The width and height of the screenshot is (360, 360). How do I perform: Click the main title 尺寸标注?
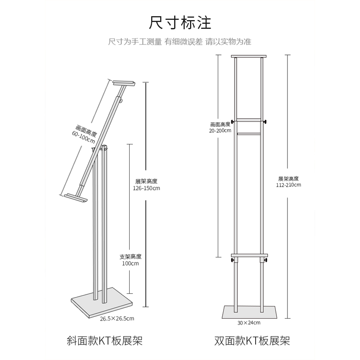click(180, 22)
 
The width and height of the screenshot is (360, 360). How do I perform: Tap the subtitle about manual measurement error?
click(180, 42)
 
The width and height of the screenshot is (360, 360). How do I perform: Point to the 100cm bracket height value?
click(130, 264)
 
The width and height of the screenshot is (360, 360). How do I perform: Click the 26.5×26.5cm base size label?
click(117, 319)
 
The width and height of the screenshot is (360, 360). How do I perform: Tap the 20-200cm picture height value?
click(220, 130)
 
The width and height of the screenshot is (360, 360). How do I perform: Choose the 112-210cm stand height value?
click(290, 184)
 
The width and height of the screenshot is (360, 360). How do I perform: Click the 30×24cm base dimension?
click(249, 322)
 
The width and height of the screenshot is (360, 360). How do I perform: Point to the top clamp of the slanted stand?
click(124, 83)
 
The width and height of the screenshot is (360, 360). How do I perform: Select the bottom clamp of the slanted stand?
click(76, 198)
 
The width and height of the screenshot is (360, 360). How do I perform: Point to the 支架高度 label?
click(130, 256)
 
